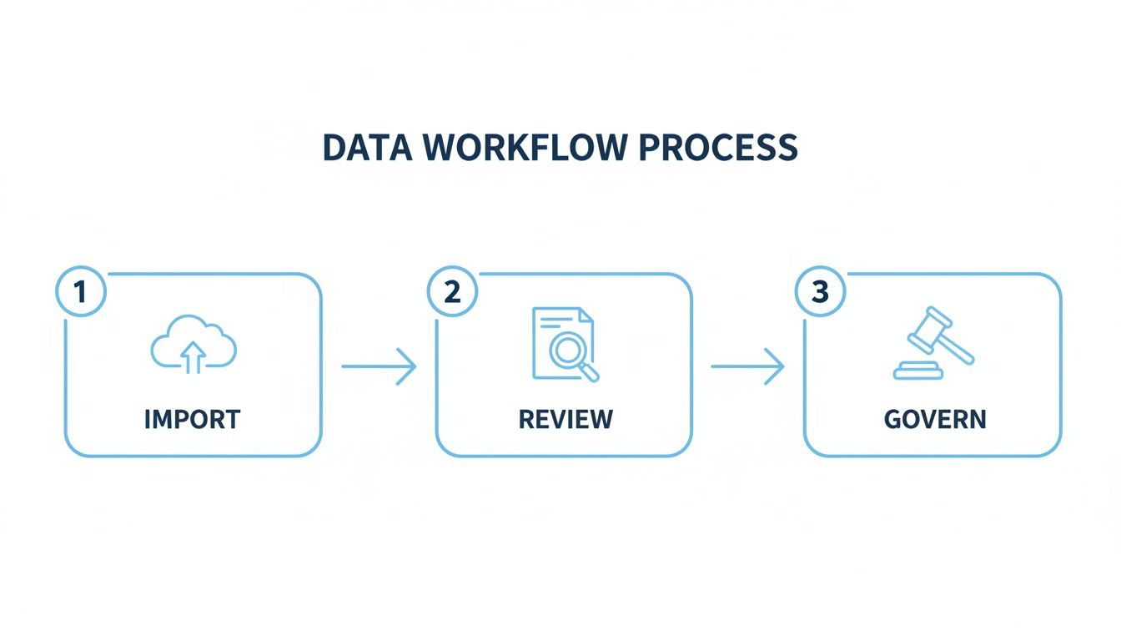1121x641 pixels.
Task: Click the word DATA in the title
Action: coord(368,148)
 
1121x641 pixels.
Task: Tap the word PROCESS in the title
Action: coord(718,148)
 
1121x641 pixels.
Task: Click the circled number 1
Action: coord(81,293)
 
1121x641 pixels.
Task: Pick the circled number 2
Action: coord(452,293)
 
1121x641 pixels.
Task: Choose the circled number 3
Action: coord(821,293)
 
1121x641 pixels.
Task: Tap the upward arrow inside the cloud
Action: coord(194,356)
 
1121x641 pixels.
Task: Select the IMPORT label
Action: coord(193,419)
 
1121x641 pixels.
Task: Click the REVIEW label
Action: coord(565,419)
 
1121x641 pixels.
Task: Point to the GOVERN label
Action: coord(935,419)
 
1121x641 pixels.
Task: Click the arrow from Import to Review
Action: coord(379,366)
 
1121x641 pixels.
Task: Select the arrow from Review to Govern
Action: coord(748,366)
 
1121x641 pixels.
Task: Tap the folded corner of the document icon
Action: coord(586,315)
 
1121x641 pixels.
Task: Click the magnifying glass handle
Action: coord(590,373)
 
